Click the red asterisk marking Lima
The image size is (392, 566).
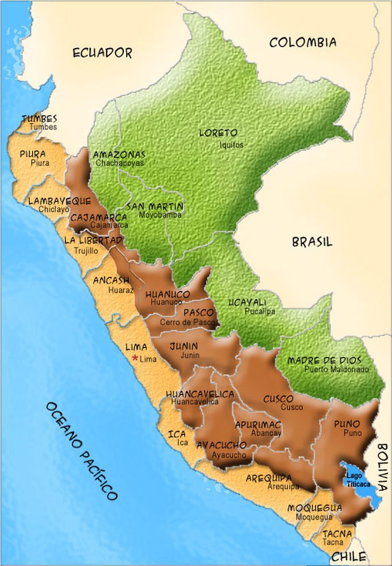135,358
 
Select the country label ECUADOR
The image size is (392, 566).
102,52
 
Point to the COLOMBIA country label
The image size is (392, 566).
303,42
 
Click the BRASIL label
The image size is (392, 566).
312,242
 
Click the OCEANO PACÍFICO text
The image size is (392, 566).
81,451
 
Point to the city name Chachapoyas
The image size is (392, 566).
120,163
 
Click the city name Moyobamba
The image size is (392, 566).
160,214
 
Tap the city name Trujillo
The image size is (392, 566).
85,251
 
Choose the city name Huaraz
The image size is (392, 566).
121,289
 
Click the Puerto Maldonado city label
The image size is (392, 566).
337,369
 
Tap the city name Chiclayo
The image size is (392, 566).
54,209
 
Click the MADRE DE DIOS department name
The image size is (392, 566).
324,361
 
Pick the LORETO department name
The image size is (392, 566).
218,133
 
